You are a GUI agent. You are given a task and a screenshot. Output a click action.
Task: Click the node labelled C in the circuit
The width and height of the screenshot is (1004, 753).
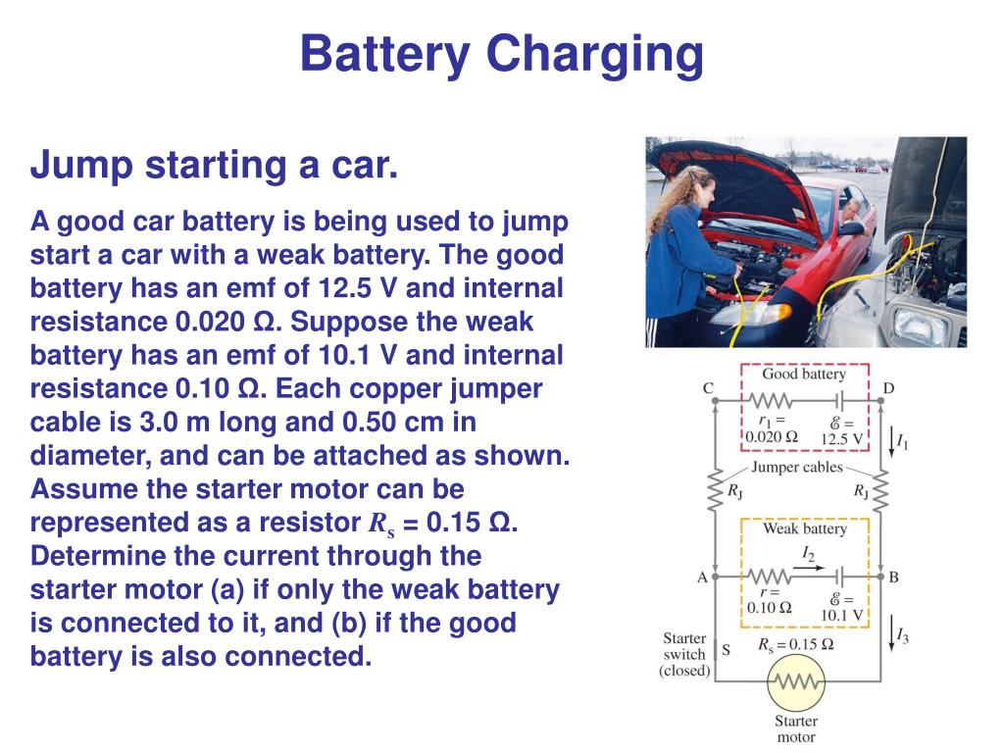click(715, 400)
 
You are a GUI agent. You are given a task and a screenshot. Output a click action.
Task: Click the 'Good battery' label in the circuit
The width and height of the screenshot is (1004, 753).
click(803, 374)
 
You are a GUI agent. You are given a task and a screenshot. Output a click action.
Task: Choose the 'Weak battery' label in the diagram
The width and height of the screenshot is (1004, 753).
click(804, 529)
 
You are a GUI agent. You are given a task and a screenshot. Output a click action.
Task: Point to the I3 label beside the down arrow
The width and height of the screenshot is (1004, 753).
click(902, 637)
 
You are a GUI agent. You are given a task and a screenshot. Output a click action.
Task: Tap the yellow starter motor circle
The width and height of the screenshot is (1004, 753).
click(795, 682)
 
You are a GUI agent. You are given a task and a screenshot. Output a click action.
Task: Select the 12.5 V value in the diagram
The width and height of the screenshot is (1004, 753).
click(843, 437)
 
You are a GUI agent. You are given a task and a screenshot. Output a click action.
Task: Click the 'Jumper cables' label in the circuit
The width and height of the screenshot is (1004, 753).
click(797, 468)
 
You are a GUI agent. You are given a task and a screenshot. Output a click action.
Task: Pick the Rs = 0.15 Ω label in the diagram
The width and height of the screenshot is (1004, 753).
click(795, 644)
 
